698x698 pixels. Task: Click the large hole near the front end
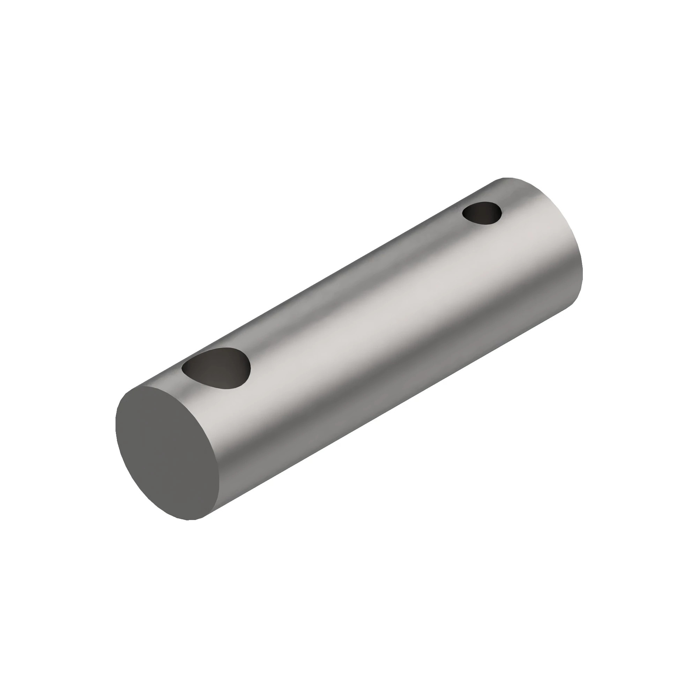(217, 369)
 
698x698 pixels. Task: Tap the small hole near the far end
(482, 213)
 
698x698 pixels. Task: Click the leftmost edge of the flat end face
(116, 423)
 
